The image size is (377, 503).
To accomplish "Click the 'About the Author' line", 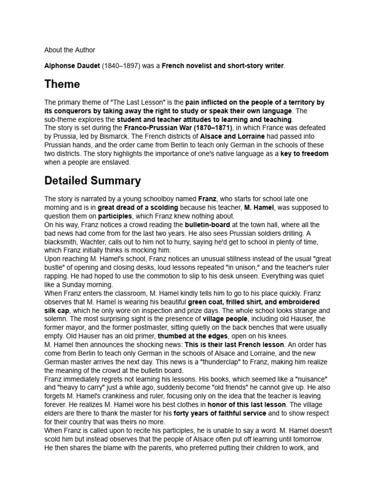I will tap(70, 50).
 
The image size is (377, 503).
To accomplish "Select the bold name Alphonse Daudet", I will tap(72, 66).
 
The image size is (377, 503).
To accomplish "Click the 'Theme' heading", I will tap(62, 84).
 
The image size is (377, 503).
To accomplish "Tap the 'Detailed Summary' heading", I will tap(92, 180).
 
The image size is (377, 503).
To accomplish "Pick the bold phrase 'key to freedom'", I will tap(304, 153).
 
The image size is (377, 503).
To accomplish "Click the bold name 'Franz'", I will tap(207, 199).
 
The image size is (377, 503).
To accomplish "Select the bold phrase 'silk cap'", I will tap(57, 310).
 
